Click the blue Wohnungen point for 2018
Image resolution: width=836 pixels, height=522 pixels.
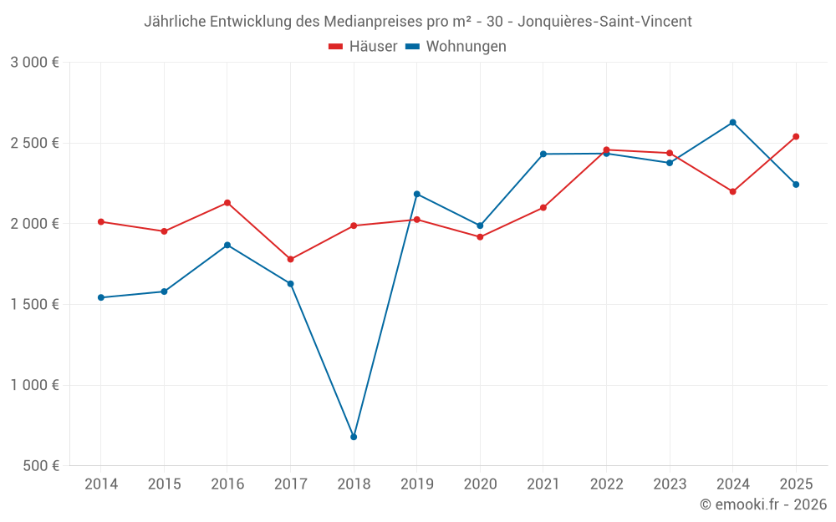point(354,437)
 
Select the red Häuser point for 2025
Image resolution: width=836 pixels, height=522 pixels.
point(796,137)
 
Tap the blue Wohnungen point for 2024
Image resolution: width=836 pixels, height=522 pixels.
point(732,123)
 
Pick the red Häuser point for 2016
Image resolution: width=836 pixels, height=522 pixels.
point(227,203)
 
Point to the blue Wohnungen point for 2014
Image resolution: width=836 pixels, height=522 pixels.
point(101,298)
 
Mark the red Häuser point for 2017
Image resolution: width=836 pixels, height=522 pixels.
point(291,260)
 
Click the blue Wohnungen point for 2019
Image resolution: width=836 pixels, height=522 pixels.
point(417,195)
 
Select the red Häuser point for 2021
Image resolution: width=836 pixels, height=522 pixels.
point(543,208)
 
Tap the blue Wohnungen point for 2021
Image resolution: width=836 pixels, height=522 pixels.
point(543,154)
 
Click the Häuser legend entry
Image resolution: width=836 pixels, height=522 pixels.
point(363,46)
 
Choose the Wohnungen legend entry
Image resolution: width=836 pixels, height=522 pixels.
point(456,46)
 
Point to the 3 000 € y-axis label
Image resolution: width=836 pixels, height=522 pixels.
point(34,63)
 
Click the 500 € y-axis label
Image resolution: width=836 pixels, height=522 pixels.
point(41,465)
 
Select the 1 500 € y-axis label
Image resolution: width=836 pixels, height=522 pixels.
point(34,304)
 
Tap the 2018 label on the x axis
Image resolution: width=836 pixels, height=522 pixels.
point(354,484)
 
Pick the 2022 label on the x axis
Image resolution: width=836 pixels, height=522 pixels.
point(607,484)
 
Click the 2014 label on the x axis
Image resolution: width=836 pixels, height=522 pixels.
point(101,484)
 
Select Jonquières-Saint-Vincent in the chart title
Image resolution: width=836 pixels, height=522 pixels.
point(604,22)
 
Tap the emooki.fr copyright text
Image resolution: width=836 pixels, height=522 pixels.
point(763,504)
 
